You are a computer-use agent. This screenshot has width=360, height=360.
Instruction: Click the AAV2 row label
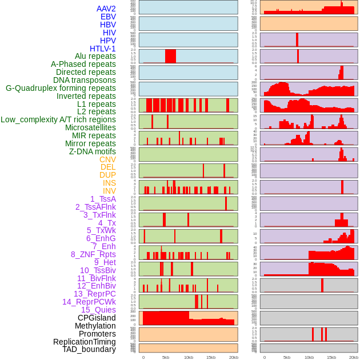(106, 9)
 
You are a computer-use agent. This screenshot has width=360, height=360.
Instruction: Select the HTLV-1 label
(103, 49)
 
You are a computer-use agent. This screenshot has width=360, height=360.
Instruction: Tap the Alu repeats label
(95, 56)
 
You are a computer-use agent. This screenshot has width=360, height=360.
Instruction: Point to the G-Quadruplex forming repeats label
(61, 88)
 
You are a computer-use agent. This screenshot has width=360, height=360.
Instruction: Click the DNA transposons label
(85, 80)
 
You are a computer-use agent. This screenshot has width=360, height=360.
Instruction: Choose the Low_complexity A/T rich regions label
(58, 119)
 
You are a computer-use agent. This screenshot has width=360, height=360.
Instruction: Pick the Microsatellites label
(90, 127)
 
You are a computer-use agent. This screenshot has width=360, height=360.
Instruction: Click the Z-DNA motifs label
(93, 151)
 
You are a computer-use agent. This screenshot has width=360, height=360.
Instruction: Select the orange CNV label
(107, 159)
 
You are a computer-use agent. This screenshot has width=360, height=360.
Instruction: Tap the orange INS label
(109, 183)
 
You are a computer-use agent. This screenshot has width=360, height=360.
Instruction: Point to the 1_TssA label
(103, 199)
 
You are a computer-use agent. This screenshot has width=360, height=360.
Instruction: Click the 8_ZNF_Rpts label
(93, 254)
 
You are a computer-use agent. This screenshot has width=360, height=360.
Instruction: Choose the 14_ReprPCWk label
(89, 302)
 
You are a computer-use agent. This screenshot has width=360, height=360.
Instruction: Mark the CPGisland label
(97, 318)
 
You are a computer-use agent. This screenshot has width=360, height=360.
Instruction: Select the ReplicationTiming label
(85, 342)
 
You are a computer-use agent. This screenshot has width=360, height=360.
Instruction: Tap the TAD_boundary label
(89, 349)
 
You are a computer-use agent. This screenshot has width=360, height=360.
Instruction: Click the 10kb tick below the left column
(189, 357)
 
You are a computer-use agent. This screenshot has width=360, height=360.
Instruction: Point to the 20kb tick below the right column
(354, 357)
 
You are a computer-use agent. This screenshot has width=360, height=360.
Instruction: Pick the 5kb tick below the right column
(287, 357)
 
